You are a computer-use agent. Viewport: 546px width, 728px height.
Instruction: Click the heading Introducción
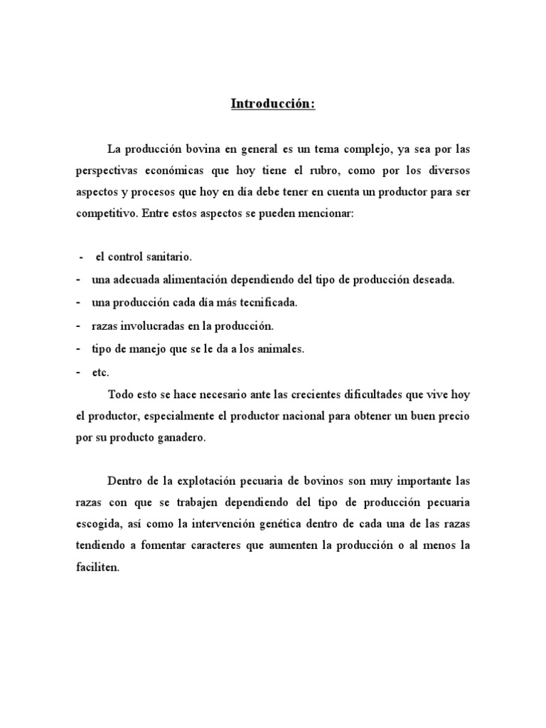(x=272, y=104)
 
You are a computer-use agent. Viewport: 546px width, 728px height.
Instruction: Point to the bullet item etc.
(x=100, y=371)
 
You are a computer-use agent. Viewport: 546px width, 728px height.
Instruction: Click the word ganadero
(x=181, y=438)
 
